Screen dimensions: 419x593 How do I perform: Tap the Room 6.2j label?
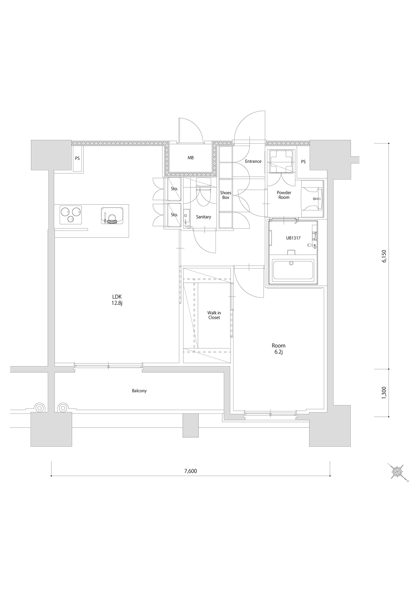(x=279, y=349)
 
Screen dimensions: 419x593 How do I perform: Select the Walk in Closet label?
(x=214, y=315)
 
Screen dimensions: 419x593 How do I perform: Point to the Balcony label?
(x=139, y=391)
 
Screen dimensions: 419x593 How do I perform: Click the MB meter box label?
(x=191, y=158)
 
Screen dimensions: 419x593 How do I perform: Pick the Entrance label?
(x=253, y=161)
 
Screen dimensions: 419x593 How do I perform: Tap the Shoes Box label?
(x=226, y=195)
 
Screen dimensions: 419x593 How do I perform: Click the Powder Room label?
(x=284, y=195)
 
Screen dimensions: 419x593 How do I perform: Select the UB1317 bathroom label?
(x=293, y=238)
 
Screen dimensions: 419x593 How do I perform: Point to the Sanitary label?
(x=203, y=217)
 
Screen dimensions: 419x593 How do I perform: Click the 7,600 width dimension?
(x=191, y=471)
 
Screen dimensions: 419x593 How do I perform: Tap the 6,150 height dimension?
(x=384, y=256)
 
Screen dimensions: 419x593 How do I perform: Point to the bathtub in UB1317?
(x=293, y=270)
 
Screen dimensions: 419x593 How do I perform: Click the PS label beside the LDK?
(x=77, y=159)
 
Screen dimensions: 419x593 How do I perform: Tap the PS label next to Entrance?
(x=303, y=161)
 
